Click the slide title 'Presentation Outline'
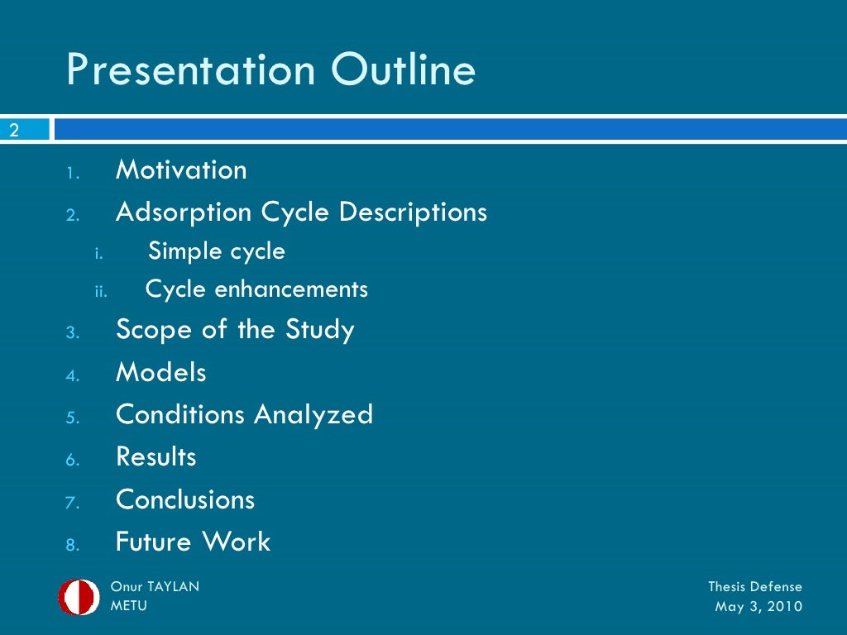coord(270,70)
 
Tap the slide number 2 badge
coord(14,130)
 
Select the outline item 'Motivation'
coord(181,170)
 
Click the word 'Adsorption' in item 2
coord(184,212)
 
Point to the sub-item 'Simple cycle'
coord(217,251)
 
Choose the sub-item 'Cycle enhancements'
coord(256,290)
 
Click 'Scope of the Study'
coord(235,330)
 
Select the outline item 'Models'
coord(161,373)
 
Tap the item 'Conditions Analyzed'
coord(244,415)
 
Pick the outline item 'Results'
coord(156,457)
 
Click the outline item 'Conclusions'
coord(185,499)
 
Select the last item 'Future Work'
coord(193,542)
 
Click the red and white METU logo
coord(79,597)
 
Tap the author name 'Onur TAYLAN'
coord(155,587)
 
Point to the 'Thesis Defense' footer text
coord(754,587)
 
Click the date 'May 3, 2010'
coord(758,607)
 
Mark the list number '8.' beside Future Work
coord(73,545)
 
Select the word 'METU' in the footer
coord(130,606)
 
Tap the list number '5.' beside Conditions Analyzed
coord(73,418)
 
